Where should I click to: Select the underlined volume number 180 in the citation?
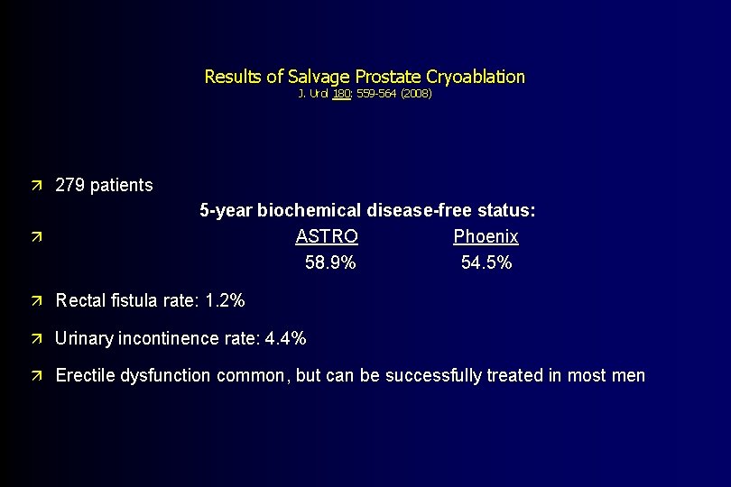pyautogui.click(x=341, y=93)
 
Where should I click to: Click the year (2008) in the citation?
pyautogui.click(x=417, y=93)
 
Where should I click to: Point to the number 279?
pyautogui.click(x=70, y=185)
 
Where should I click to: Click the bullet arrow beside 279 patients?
pyautogui.click(x=35, y=186)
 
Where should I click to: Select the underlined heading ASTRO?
pyautogui.click(x=327, y=236)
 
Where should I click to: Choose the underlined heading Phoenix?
pyautogui.click(x=486, y=236)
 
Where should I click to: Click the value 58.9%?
pyautogui.click(x=330, y=262)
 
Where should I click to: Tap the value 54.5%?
pyautogui.click(x=486, y=262)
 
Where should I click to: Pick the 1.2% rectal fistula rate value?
pyautogui.click(x=225, y=299)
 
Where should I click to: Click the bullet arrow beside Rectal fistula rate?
pyautogui.click(x=35, y=300)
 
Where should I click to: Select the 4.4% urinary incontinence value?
pyautogui.click(x=286, y=339)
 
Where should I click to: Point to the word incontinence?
pyautogui.click(x=166, y=339)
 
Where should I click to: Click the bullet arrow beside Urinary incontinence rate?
pyautogui.click(x=35, y=340)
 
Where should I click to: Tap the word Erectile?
pyautogui.click(x=85, y=375)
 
